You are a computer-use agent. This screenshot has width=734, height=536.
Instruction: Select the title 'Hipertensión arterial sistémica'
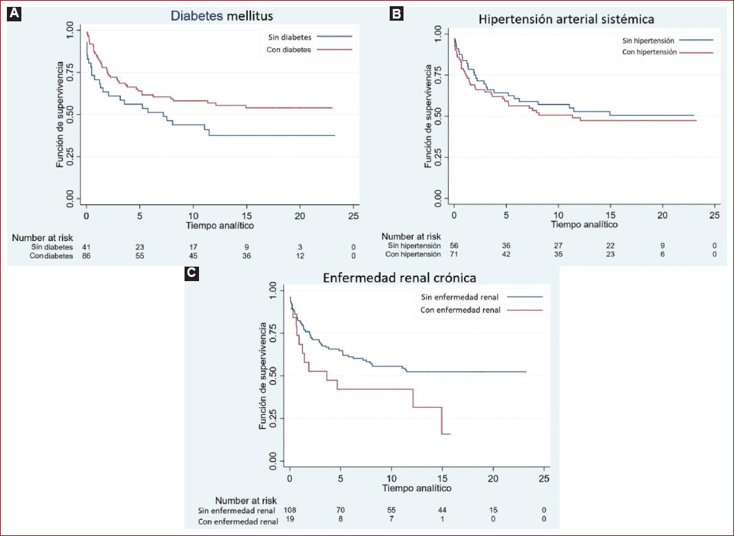[x=566, y=19]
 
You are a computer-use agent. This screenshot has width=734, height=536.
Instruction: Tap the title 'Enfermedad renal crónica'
[x=399, y=278]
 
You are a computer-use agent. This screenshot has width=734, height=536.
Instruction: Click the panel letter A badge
[x=14, y=13]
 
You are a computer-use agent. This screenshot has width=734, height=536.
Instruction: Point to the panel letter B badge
[x=396, y=13]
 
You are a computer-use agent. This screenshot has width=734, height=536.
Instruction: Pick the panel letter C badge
[x=192, y=273]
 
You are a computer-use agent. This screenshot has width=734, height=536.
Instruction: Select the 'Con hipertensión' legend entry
[x=649, y=52]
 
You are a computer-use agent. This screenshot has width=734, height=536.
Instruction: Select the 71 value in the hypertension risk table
[x=453, y=254]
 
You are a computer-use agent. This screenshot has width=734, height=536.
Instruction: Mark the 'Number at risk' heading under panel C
[x=246, y=500]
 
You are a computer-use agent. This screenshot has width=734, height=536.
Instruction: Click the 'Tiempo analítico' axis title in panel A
[x=220, y=225]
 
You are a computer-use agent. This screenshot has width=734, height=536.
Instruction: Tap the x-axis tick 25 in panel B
[x=714, y=215]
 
